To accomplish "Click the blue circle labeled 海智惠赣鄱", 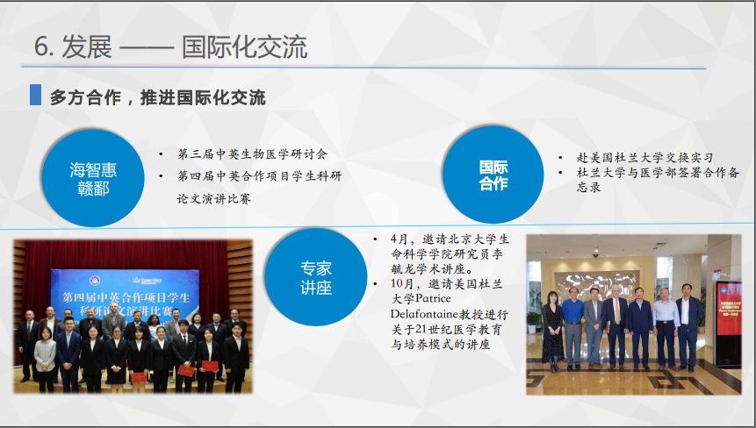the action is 93,178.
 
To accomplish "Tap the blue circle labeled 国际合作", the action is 493,175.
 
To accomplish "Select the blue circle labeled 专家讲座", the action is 316,277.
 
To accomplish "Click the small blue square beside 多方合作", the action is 36,95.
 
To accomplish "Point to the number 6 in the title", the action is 41,47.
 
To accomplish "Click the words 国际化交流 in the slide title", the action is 244,47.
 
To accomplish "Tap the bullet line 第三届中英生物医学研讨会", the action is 252,154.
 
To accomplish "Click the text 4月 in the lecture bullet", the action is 400,239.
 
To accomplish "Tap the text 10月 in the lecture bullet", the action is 402,283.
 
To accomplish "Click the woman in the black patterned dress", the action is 552,332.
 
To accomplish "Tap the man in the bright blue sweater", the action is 572,327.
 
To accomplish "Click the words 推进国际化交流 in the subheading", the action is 203,97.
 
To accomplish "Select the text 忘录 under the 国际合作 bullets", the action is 588,188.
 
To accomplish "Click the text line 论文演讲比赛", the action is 214,198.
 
